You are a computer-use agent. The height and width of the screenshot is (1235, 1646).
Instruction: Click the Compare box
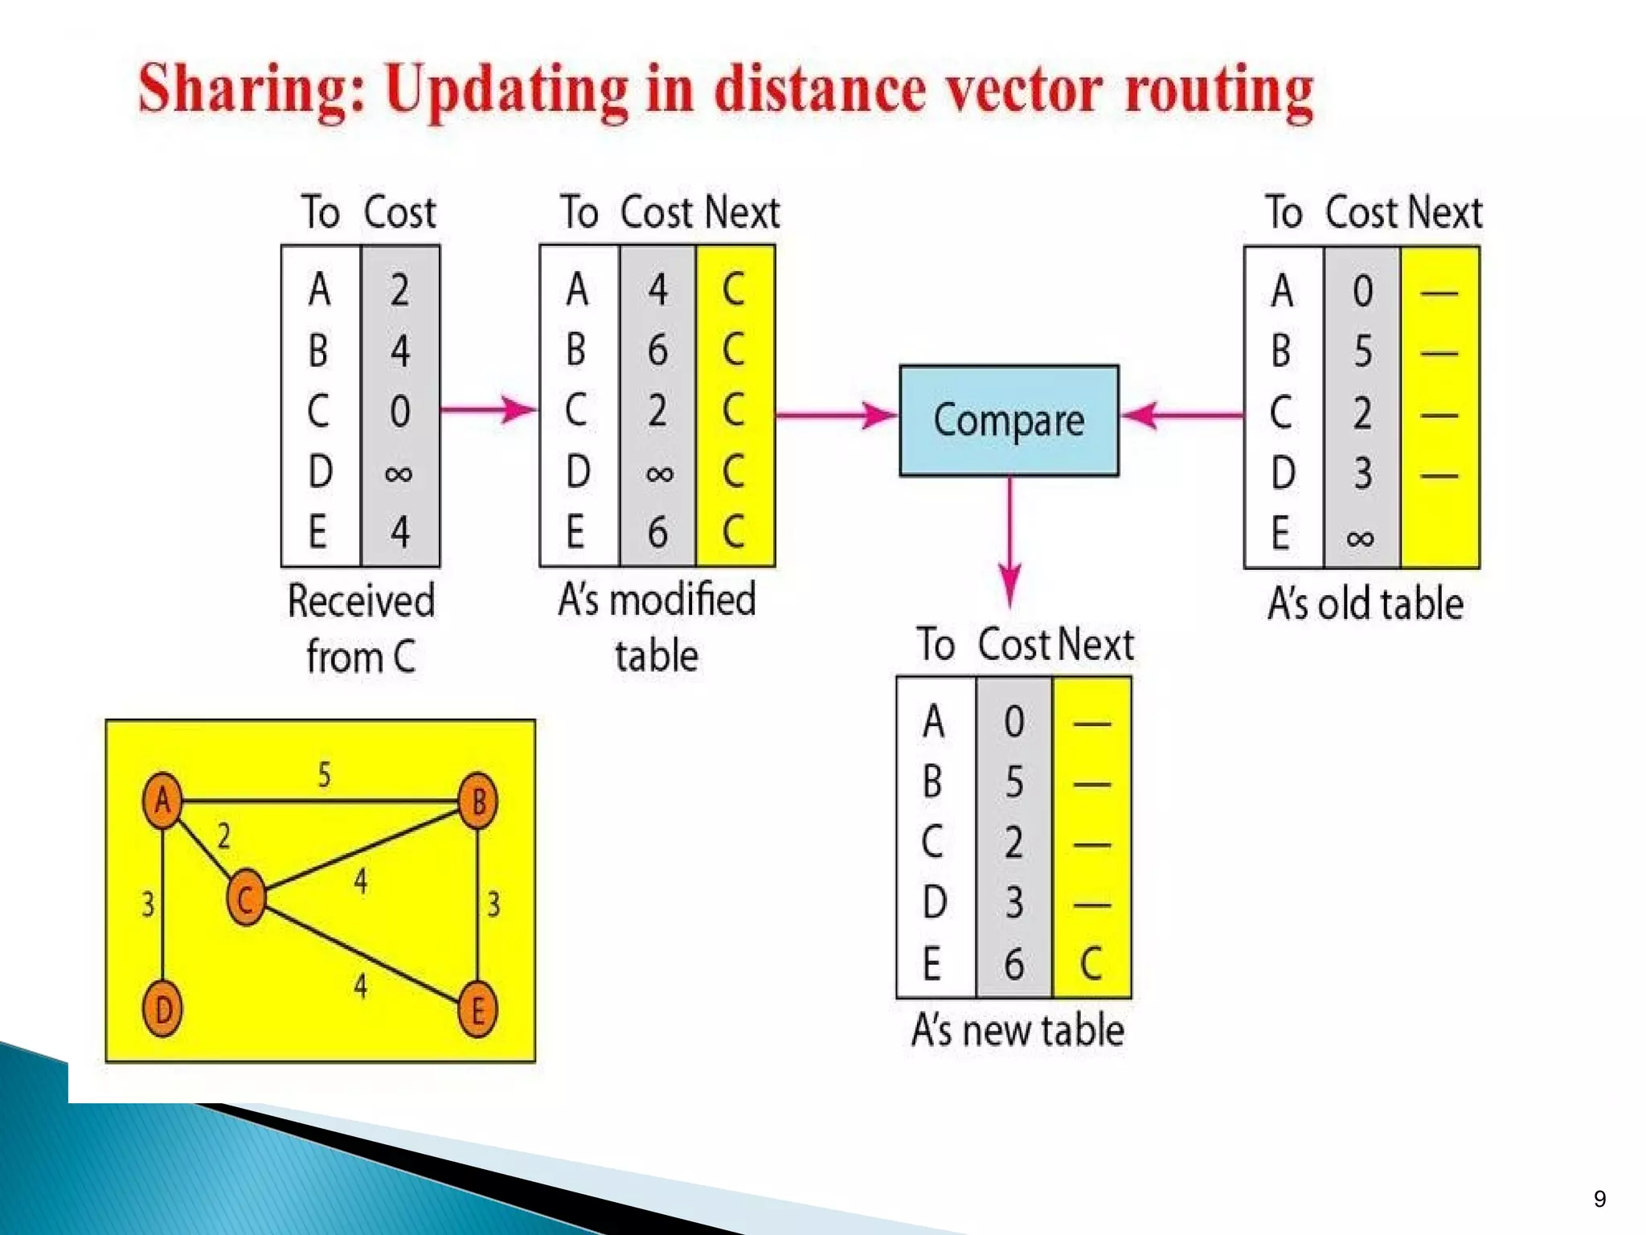click(x=1009, y=421)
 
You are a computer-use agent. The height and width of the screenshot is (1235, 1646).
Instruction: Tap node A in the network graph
click(x=162, y=800)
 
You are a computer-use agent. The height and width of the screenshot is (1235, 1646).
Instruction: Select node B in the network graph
click(x=477, y=801)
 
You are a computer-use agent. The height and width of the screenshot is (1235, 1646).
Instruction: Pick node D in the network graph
click(x=162, y=1009)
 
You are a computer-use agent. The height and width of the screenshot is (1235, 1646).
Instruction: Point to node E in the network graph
click(x=477, y=1010)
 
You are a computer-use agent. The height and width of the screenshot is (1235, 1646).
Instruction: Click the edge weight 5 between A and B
click(x=324, y=775)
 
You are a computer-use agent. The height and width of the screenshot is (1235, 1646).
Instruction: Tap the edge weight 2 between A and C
click(x=223, y=837)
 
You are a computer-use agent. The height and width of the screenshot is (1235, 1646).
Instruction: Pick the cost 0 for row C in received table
click(x=400, y=411)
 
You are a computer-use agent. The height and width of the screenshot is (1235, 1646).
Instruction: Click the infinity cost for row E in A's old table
click(x=1361, y=536)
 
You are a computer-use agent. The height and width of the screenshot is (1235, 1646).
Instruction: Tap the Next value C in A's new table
click(x=1091, y=963)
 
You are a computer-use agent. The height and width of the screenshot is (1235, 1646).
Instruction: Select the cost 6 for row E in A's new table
click(x=1013, y=963)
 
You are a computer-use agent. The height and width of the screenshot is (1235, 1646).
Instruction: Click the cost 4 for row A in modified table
click(x=657, y=289)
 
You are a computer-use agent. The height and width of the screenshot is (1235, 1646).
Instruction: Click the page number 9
click(x=1599, y=1199)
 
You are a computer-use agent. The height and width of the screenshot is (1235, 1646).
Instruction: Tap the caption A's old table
click(x=1365, y=604)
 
